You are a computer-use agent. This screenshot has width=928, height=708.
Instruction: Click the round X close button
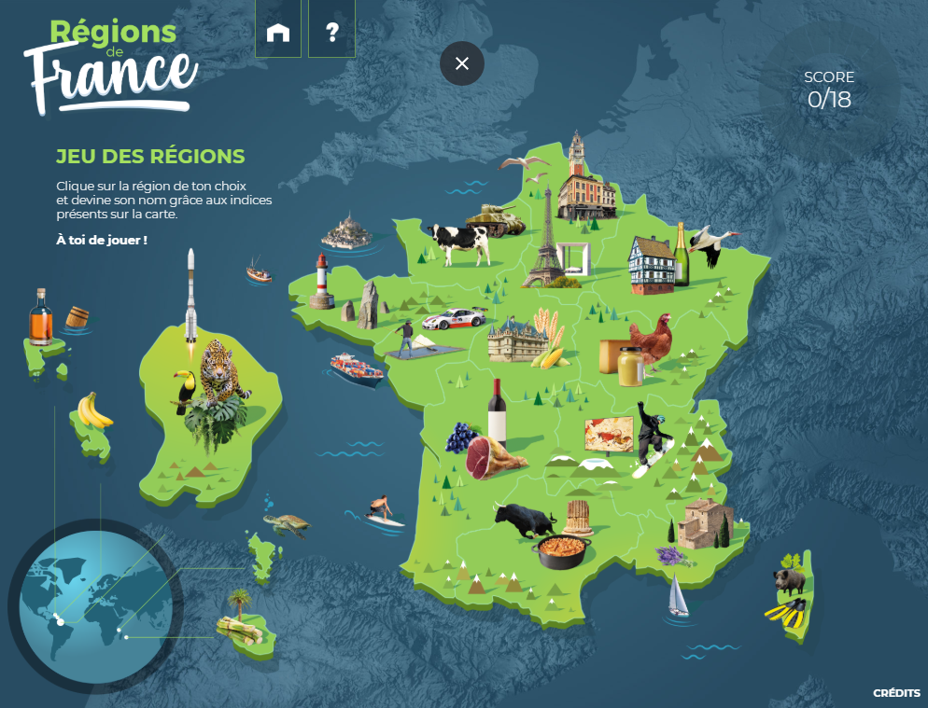point(461,63)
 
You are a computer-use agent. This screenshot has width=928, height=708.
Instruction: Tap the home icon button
point(278,33)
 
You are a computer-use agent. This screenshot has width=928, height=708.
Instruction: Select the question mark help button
point(331,33)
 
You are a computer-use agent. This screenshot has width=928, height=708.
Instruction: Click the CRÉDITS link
point(896,693)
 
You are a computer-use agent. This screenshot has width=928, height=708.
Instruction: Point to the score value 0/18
point(829,99)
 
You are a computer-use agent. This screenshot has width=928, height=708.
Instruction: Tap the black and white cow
point(460,243)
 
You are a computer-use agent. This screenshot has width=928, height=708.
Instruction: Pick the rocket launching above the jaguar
point(190,296)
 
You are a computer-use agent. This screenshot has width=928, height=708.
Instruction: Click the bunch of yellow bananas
point(93,410)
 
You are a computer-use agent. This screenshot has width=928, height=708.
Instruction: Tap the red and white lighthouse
point(321,281)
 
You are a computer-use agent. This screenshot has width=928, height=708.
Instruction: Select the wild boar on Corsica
point(789,580)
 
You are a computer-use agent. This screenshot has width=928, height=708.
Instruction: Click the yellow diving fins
point(786,613)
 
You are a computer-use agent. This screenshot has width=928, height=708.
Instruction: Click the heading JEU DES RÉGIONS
point(150,156)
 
